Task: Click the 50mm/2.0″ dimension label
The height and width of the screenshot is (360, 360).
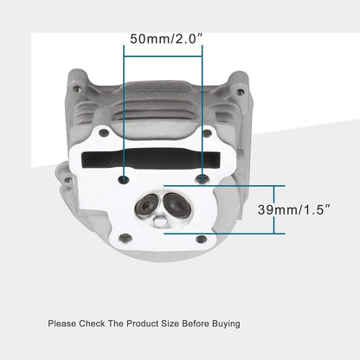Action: click(x=164, y=38)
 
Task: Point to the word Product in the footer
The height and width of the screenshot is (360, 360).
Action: click(x=143, y=324)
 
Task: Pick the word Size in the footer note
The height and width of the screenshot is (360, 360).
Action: click(x=172, y=324)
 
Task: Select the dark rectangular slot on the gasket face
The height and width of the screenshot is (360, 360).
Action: click(x=164, y=163)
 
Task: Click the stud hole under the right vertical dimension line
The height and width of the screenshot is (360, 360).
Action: click(x=202, y=178)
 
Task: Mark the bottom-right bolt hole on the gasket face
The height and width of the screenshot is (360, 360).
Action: click(x=201, y=239)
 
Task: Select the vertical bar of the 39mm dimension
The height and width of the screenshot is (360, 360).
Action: click(x=275, y=209)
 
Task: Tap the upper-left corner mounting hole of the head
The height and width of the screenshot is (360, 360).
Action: click(x=77, y=88)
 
